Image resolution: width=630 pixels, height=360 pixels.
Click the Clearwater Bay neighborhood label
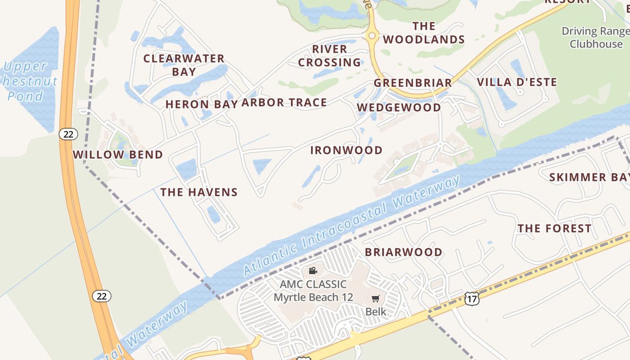pos(184,65)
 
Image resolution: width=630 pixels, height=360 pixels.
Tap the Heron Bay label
pos(201,104)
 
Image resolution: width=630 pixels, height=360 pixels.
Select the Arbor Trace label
pos(284,103)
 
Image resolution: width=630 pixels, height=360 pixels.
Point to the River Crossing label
pos(329,56)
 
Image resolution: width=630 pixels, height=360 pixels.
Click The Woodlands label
pos(424,33)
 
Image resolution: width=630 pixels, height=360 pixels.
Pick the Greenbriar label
pos(413,83)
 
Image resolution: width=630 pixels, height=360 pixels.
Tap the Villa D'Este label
pos(517,82)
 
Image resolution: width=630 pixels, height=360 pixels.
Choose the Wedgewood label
pos(399,107)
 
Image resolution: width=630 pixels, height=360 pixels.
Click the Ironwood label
pos(346,150)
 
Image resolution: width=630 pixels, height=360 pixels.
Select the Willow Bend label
pos(118,155)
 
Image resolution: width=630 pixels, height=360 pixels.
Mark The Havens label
pos(199,192)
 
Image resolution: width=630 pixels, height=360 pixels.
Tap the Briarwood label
pos(404,252)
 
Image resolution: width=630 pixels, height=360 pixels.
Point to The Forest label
pos(554,229)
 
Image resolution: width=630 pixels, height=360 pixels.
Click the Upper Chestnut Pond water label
pos(30,81)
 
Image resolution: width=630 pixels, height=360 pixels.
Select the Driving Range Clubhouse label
pos(596,37)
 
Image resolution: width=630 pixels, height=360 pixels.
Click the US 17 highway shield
pos(471,298)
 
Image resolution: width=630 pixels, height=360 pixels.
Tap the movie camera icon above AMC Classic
pos(313,270)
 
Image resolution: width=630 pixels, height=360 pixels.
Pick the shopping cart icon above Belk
pos(376,298)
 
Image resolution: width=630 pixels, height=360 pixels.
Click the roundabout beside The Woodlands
pos(372,36)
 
